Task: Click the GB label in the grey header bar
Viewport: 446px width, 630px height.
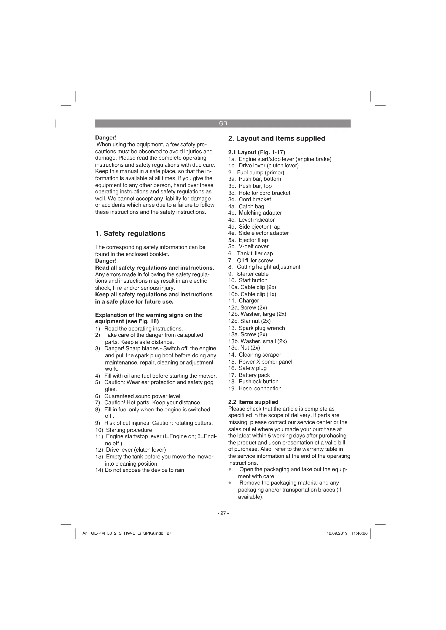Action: [x=223, y=123]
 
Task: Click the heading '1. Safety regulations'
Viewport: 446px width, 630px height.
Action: [x=130, y=234]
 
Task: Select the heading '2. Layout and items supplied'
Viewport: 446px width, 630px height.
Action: [x=277, y=138]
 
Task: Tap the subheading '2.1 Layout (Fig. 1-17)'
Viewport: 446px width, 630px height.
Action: [x=256, y=152]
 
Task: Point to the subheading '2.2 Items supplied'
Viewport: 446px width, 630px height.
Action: [x=253, y=402]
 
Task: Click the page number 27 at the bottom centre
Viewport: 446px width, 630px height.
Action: [x=223, y=513]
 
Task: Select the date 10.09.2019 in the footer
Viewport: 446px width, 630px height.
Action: [x=337, y=533]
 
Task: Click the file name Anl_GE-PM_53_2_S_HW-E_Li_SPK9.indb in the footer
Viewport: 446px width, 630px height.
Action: [x=123, y=533]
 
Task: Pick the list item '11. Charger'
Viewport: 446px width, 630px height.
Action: [x=243, y=301]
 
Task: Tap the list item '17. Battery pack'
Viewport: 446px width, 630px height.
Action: [x=249, y=375]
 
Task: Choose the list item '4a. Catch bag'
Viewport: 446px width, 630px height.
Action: [x=246, y=206]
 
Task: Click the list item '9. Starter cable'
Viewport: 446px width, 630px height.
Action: [x=248, y=274]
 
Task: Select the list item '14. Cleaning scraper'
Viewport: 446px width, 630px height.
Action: [x=255, y=355]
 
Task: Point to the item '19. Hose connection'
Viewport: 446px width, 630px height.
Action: [x=255, y=389]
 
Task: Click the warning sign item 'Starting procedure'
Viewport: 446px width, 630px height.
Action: [x=129, y=430]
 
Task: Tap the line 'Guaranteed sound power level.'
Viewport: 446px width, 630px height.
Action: [x=143, y=396]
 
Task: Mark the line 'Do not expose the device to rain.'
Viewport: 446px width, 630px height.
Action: [x=145, y=470]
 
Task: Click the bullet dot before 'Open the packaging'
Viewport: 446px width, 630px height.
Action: [x=229, y=469]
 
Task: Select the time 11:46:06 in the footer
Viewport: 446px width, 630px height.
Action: [x=359, y=533]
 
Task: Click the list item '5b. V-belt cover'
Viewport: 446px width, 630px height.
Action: [x=248, y=247]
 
